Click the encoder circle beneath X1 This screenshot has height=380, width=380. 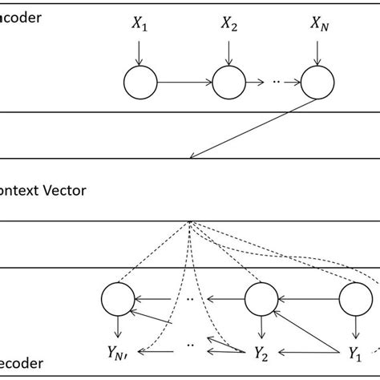139,81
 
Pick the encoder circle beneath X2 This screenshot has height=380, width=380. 229,81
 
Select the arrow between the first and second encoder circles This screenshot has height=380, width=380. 184,81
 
